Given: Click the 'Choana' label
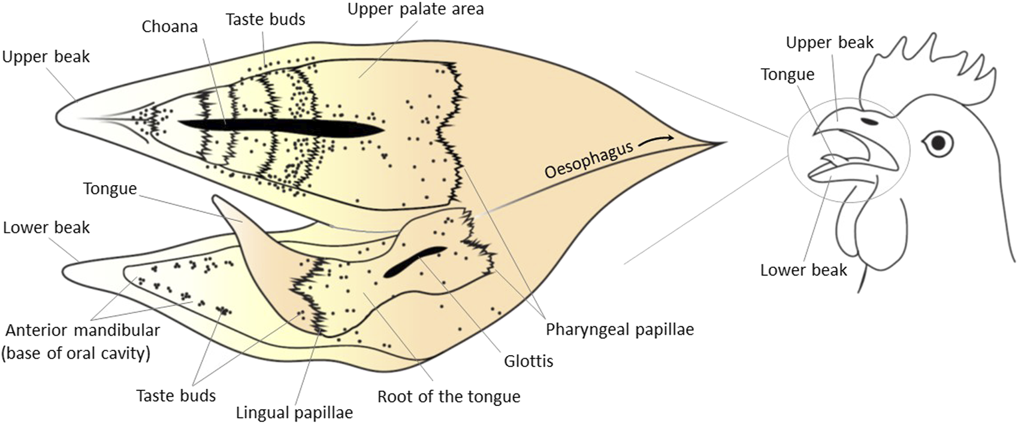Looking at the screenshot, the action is pyautogui.click(x=170, y=28).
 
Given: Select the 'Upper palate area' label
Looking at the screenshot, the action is pyautogui.click(x=415, y=10).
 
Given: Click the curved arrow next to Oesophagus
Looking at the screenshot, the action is pyautogui.click(x=657, y=141).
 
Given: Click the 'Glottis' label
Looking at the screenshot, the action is pyautogui.click(x=528, y=361).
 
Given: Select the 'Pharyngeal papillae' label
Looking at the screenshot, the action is pyautogui.click(x=620, y=329).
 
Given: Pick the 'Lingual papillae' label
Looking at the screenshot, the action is pyautogui.click(x=294, y=413).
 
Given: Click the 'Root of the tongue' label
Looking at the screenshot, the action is pyautogui.click(x=449, y=396).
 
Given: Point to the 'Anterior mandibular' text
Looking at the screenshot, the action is pyautogui.click(x=83, y=330).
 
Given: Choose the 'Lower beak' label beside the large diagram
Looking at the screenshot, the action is pyautogui.click(x=46, y=228).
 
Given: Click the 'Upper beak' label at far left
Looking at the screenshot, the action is pyautogui.click(x=46, y=57).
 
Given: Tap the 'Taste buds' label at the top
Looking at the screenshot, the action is pyautogui.click(x=265, y=19).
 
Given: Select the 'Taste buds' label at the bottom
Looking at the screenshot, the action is pyautogui.click(x=176, y=396).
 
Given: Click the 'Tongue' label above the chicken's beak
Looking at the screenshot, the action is pyautogui.click(x=787, y=74).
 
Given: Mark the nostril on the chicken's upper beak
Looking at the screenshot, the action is pyautogui.click(x=870, y=122).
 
